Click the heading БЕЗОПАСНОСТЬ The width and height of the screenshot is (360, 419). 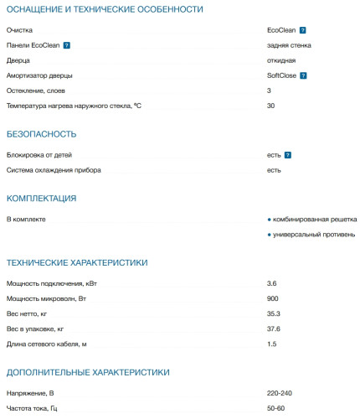[42, 133]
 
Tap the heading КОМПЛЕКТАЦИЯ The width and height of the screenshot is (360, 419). [42, 199]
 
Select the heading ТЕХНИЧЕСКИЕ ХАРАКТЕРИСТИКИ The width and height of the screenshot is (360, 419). [77, 262]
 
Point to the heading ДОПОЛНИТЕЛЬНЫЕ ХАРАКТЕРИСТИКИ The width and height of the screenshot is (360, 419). [88, 371]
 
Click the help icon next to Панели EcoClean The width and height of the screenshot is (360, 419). [66, 45]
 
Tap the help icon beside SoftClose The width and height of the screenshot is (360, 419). [303, 75]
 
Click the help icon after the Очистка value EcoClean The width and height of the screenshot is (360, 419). [302, 30]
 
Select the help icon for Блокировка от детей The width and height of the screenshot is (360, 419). [287, 155]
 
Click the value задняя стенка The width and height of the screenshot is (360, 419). [289, 45]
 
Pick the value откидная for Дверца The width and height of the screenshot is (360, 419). [281, 60]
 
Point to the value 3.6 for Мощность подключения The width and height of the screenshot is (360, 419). [272, 284]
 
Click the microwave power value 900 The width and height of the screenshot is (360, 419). [273, 299]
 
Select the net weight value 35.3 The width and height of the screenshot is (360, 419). [274, 314]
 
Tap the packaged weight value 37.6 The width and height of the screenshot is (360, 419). [274, 329]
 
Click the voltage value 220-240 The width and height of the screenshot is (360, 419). [280, 393]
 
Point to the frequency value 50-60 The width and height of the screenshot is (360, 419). [276, 408]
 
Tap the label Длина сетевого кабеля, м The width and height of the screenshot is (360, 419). [47, 344]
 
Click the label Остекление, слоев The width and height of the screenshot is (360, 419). [36, 91]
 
